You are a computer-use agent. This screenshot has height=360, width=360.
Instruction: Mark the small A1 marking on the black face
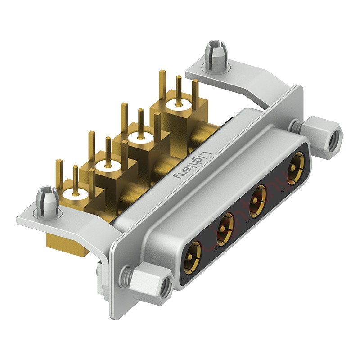[182, 280]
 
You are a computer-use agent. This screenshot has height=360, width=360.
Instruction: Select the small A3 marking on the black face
[247, 221]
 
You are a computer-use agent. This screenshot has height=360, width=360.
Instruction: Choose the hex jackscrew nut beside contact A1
[150, 283]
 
